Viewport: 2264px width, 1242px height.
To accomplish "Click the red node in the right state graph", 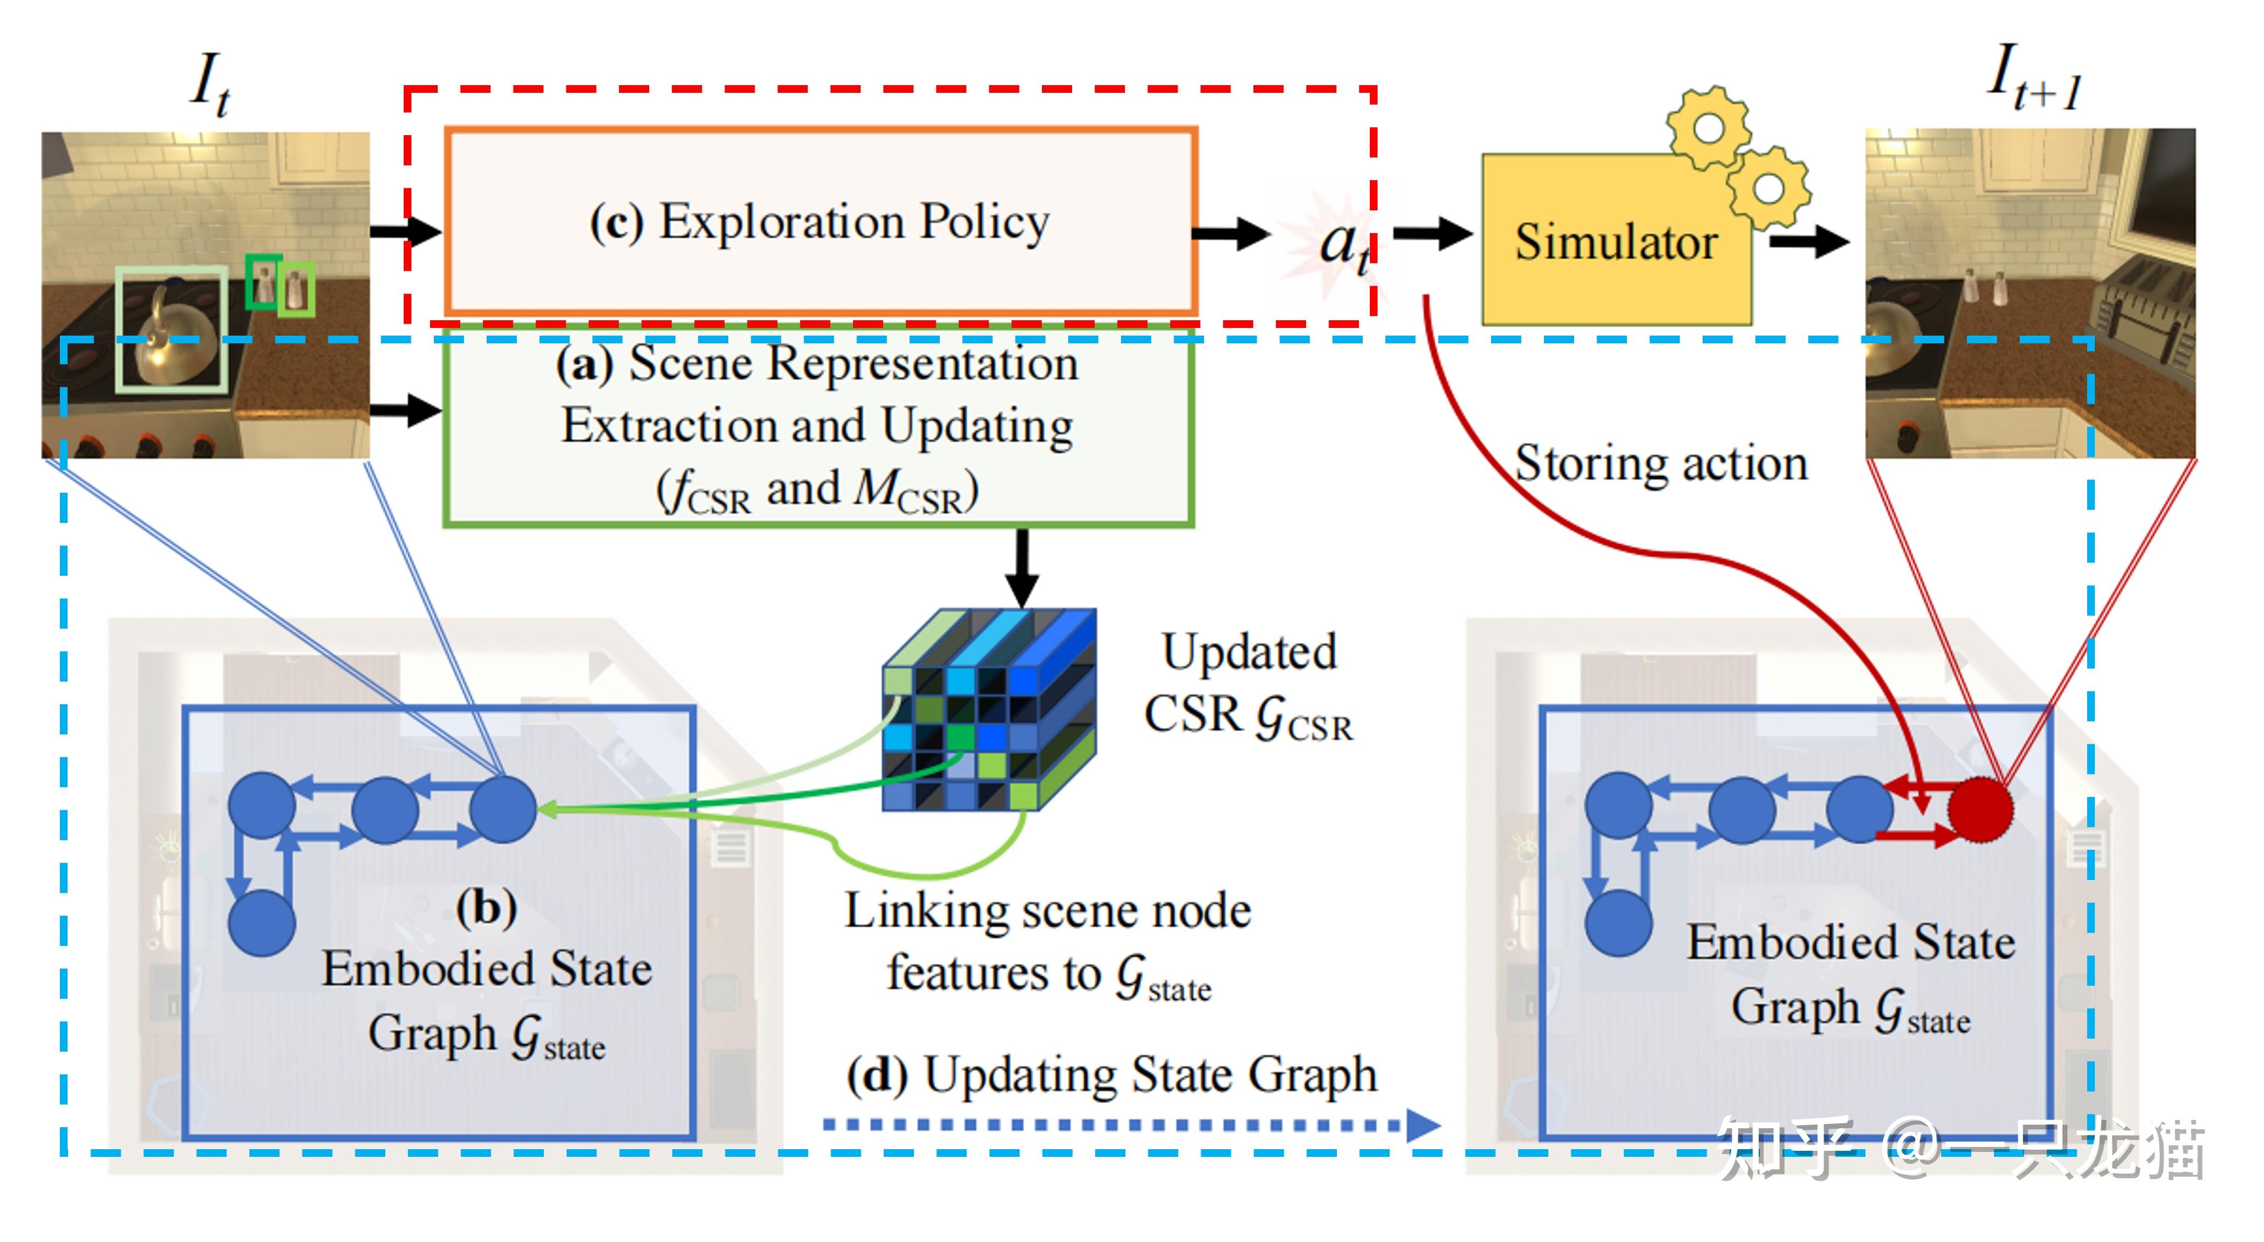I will click(1979, 809).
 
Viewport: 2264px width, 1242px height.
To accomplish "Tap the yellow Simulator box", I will click(1615, 242).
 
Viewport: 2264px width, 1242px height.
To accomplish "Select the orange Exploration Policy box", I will click(820, 221).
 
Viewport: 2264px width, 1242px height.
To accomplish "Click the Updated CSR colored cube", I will click(989, 710).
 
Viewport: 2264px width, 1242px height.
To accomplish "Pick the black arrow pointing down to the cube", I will click(1021, 567).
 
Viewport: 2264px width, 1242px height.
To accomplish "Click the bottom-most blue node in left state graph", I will click(261, 923).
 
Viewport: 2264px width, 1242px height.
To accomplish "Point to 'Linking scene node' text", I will click(1047, 911).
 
